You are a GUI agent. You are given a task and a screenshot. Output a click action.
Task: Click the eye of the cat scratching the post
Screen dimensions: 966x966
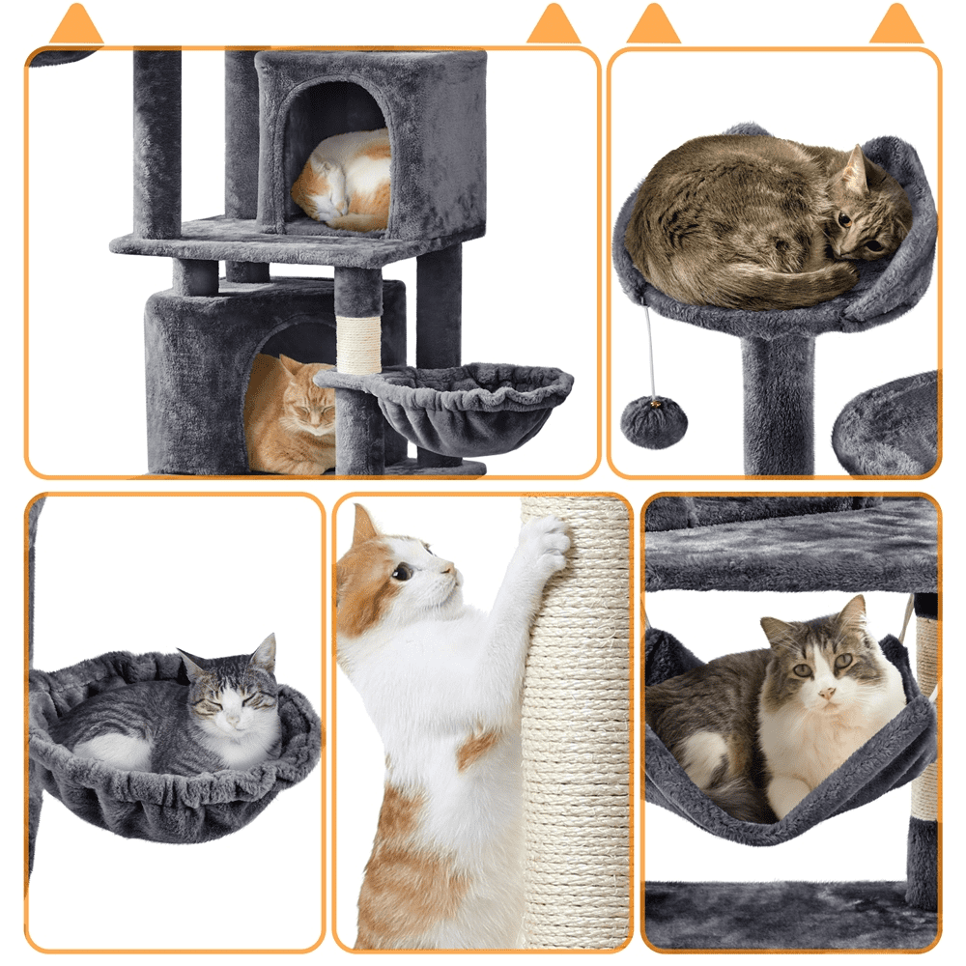[x=402, y=572]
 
